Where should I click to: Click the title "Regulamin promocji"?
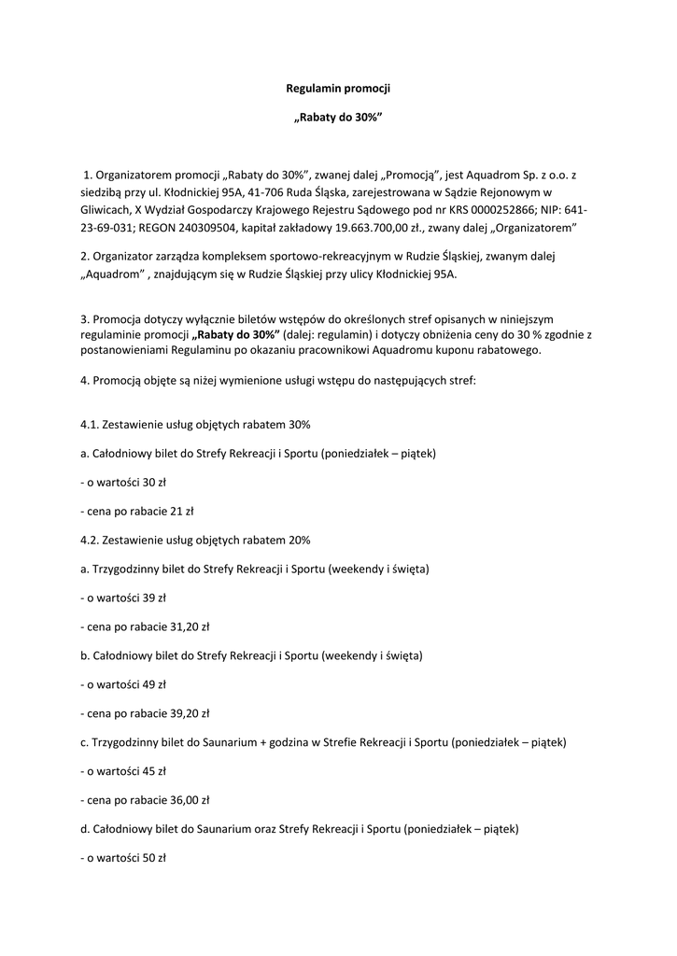point(338,89)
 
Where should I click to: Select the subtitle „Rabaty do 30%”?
point(338,119)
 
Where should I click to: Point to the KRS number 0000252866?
point(511,210)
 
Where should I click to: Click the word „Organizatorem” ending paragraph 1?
point(535,228)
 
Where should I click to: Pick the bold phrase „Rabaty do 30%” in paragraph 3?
point(234,334)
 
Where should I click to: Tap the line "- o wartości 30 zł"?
point(123,483)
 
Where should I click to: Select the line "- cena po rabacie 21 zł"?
point(136,511)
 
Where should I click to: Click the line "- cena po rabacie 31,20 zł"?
point(145,626)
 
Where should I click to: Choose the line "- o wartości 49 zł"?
point(123,684)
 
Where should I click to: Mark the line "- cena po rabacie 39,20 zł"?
point(145,713)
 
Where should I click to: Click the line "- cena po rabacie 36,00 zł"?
point(145,800)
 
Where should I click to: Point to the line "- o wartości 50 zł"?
point(123,858)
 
